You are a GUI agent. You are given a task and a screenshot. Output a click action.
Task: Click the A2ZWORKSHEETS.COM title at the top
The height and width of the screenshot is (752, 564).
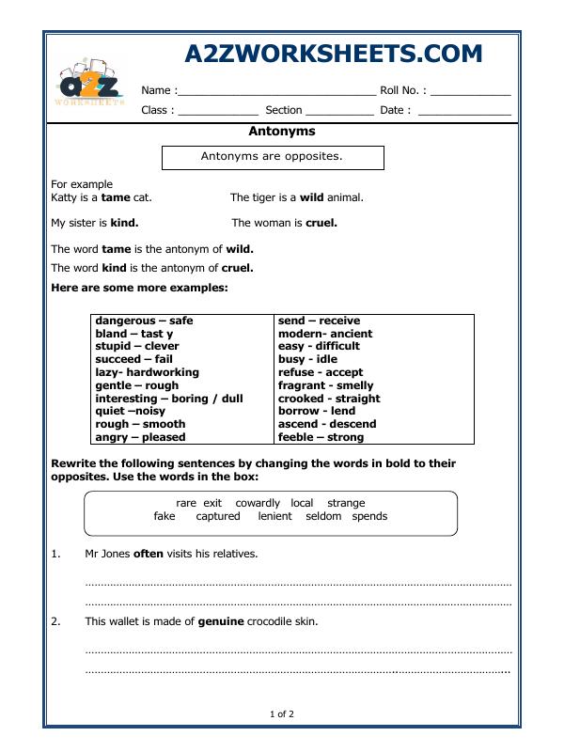click(x=333, y=54)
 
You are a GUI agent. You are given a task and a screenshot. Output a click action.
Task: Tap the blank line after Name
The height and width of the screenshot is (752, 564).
click(x=276, y=91)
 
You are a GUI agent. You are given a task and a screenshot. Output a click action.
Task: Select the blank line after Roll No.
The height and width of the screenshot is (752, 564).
click(x=471, y=91)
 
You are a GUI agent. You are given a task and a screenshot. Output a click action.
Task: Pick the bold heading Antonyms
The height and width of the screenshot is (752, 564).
click(x=281, y=132)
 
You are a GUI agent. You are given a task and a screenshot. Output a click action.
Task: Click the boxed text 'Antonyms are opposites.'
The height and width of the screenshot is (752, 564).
click(x=273, y=157)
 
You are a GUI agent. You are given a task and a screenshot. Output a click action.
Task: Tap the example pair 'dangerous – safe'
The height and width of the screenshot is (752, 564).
click(x=144, y=321)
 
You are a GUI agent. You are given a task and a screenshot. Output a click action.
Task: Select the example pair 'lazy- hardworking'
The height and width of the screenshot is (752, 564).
click(x=147, y=372)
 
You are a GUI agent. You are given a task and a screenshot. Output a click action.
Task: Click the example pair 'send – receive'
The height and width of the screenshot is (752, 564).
click(x=319, y=321)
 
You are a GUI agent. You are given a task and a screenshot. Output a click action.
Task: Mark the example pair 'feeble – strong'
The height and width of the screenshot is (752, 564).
click(x=320, y=437)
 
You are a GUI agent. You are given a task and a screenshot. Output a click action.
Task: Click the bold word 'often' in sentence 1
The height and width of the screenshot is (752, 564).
click(x=149, y=554)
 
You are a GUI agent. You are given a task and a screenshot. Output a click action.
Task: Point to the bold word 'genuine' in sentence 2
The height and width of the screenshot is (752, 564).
click(x=221, y=621)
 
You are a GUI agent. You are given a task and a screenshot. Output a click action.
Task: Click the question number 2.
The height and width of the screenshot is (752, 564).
click(x=55, y=621)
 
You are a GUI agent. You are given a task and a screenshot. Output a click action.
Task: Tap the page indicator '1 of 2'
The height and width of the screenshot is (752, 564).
click(x=281, y=714)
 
